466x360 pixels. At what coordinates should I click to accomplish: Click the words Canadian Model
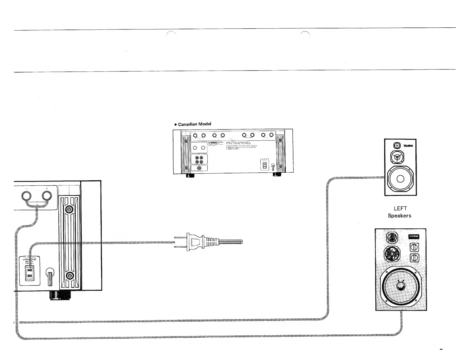194,124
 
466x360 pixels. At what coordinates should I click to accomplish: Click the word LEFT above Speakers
400,209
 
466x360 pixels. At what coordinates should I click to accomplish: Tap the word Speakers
400,216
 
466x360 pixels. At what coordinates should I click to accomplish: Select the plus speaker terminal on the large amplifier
46,196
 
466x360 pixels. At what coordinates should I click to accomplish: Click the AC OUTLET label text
29,257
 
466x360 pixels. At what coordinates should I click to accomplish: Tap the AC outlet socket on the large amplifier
29,273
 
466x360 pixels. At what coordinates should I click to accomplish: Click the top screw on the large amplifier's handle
70,210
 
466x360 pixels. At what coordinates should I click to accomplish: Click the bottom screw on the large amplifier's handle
70,276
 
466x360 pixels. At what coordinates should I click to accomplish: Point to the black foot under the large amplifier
61,295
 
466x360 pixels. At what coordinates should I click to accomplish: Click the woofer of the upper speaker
400,179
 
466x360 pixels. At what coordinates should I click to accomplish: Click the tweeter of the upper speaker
397,146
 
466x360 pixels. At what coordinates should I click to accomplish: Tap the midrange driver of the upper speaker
397,157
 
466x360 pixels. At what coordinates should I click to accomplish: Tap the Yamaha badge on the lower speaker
414,237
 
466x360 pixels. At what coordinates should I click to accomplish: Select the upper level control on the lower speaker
414,247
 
